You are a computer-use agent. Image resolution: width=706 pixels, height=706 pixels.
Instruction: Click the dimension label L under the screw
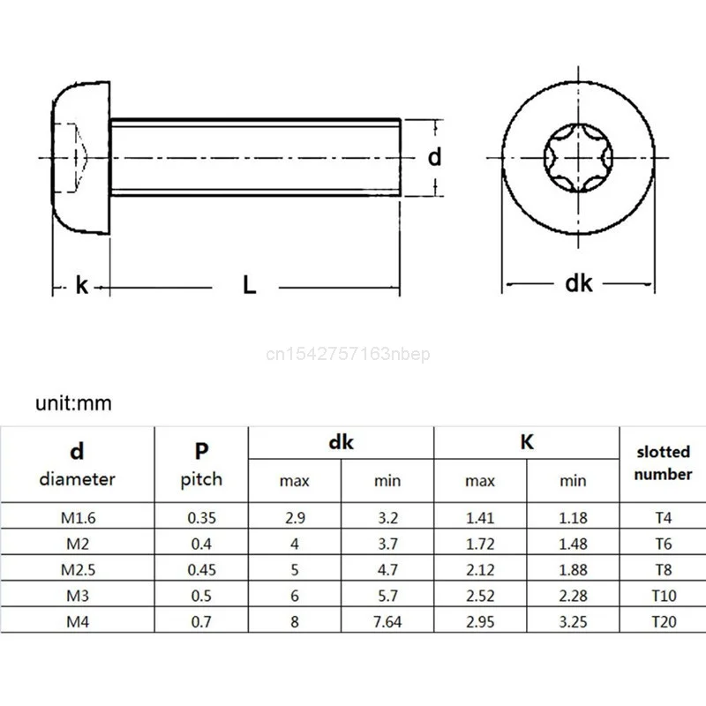pyautogui.click(x=250, y=285)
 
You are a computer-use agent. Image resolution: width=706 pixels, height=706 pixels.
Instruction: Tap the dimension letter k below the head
pyautogui.click(x=82, y=285)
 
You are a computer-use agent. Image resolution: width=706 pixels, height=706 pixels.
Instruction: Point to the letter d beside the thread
pyautogui.click(x=433, y=156)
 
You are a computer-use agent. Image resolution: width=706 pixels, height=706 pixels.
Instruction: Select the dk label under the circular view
pyautogui.click(x=578, y=283)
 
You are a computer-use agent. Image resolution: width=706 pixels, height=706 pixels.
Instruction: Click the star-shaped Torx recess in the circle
pyautogui.click(x=578, y=158)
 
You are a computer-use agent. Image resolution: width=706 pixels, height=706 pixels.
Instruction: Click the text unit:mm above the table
pyautogui.click(x=74, y=403)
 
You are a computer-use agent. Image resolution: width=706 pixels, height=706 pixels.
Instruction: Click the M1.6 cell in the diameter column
pyautogui.click(x=78, y=517)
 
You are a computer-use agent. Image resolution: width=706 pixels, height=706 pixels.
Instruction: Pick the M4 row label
pyautogui.click(x=78, y=621)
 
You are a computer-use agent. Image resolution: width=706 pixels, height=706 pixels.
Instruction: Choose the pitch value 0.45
pyautogui.click(x=201, y=569)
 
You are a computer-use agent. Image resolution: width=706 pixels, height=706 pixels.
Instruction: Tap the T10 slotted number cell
pyautogui.click(x=664, y=595)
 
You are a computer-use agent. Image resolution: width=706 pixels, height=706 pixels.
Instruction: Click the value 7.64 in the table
pyautogui.click(x=387, y=621)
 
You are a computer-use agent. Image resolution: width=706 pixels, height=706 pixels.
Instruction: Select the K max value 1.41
pyautogui.click(x=480, y=517)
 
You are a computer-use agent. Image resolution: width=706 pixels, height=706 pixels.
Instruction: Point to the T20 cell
pyautogui.click(x=664, y=621)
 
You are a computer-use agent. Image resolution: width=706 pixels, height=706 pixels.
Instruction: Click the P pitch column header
pyautogui.click(x=201, y=464)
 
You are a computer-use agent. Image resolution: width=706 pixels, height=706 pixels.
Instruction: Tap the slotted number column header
pyautogui.click(x=664, y=462)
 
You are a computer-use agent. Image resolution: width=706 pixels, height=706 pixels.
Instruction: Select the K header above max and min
pyautogui.click(x=527, y=442)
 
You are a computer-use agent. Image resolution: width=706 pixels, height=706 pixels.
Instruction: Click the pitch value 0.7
pyautogui.click(x=201, y=621)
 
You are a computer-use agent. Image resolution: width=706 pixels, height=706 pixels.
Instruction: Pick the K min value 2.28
pyautogui.click(x=573, y=595)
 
